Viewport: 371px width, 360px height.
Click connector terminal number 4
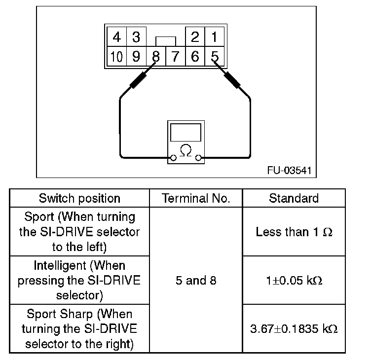click(x=116, y=37)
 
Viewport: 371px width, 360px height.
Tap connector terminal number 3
click(x=136, y=37)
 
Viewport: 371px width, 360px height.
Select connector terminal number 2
click(x=195, y=37)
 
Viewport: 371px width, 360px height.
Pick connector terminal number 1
click(x=214, y=37)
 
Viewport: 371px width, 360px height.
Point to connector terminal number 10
click(x=116, y=57)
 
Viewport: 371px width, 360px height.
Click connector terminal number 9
click(x=136, y=57)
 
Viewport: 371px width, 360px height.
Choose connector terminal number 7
click(x=175, y=57)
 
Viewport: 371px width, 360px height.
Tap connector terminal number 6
click(x=195, y=57)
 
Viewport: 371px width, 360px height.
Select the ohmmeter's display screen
click(x=185, y=133)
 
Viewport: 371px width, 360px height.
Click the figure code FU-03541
click(x=289, y=171)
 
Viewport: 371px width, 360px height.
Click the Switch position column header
click(x=79, y=198)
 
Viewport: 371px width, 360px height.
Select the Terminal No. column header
click(x=196, y=198)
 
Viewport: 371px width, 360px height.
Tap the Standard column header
click(x=294, y=198)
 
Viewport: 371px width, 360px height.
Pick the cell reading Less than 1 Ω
click(x=294, y=232)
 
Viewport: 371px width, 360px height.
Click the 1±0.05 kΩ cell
click(x=294, y=281)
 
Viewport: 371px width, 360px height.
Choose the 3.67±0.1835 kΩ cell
click(x=294, y=329)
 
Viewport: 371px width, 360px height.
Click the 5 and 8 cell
click(x=196, y=281)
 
